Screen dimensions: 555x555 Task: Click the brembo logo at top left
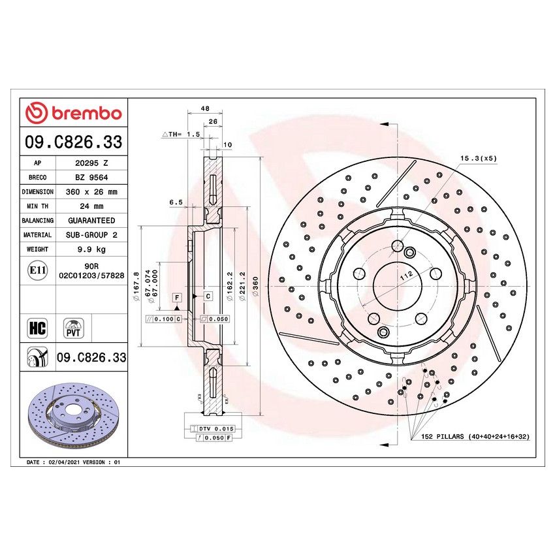tap(73, 114)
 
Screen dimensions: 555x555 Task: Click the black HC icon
tap(37, 328)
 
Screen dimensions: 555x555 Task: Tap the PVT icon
tap(72, 328)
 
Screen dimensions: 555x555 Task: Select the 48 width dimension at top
tap(204, 108)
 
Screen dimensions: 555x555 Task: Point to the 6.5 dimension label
tap(175, 203)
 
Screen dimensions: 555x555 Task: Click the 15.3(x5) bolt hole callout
tap(478, 159)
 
